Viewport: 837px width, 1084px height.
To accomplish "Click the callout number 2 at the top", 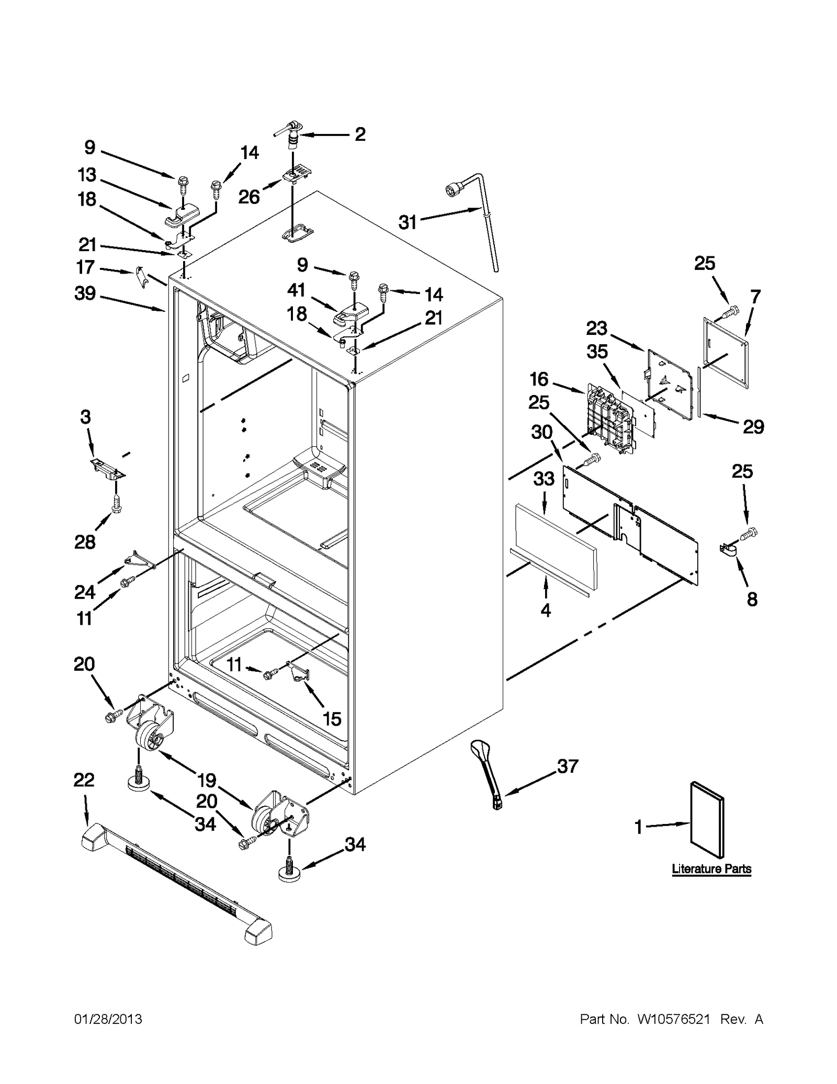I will click(x=360, y=134).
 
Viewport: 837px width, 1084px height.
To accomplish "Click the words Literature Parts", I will click(x=711, y=869).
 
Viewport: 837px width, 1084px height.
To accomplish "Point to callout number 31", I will click(x=408, y=222).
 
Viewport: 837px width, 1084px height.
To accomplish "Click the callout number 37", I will click(x=568, y=766).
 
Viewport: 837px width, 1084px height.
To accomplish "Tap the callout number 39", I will click(x=85, y=293).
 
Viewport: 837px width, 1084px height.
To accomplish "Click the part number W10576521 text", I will click(x=673, y=1019).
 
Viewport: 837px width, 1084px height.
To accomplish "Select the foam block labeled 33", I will click(x=555, y=544).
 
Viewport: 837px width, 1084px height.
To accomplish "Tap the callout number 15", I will click(x=332, y=718).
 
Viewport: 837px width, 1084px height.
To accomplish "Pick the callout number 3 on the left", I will click(x=86, y=417).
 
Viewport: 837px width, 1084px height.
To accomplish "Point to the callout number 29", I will click(x=753, y=427).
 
